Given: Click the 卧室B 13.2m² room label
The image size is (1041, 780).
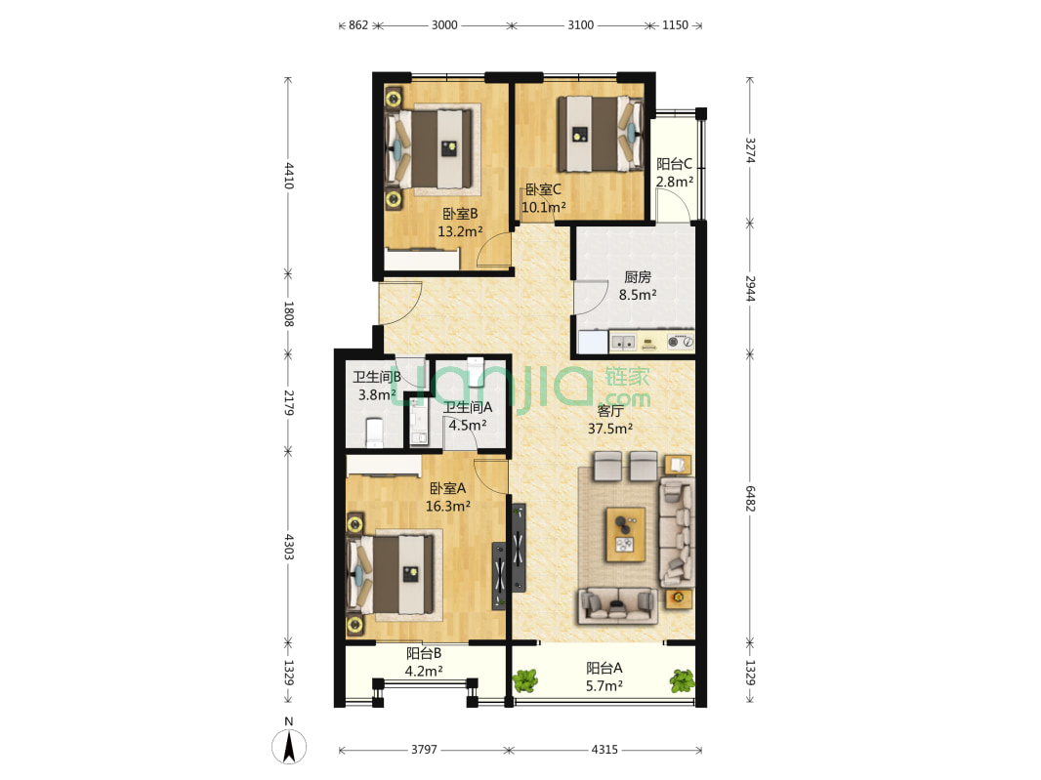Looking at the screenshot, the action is [x=460, y=223].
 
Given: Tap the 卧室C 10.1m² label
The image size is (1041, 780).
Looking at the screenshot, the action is [x=544, y=198].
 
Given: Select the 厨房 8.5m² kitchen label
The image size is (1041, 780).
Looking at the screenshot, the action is [x=638, y=285].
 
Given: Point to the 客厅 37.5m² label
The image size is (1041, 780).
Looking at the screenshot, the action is [x=610, y=420].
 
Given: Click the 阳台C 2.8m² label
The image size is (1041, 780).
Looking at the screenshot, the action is [x=675, y=173].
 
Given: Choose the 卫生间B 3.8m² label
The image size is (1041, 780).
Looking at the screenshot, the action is [x=376, y=386].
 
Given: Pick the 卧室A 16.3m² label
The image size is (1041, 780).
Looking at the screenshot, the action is [x=447, y=497].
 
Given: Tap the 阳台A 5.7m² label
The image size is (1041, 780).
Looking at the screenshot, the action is [x=604, y=677].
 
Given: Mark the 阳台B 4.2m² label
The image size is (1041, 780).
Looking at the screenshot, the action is [x=424, y=662].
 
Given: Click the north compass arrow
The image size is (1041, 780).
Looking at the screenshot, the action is [x=289, y=746].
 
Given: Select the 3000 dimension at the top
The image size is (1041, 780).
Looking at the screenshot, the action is [x=444, y=25].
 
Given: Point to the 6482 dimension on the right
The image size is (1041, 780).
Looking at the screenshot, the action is [x=750, y=498].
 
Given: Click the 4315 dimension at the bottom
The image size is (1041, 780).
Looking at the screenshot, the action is [x=604, y=750].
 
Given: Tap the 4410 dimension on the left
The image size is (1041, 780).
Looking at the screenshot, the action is [x=289, y=176].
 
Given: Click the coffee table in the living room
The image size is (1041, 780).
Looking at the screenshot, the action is [x=625, y=534].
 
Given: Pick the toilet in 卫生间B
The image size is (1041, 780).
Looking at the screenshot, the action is [x=374, y=432].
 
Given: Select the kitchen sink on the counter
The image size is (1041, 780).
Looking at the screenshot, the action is [x=623, y=343].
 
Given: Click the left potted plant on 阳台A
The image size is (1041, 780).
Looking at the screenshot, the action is [x=525, y=681].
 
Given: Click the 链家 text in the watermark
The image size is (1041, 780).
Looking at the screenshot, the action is [x=627, y=377].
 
